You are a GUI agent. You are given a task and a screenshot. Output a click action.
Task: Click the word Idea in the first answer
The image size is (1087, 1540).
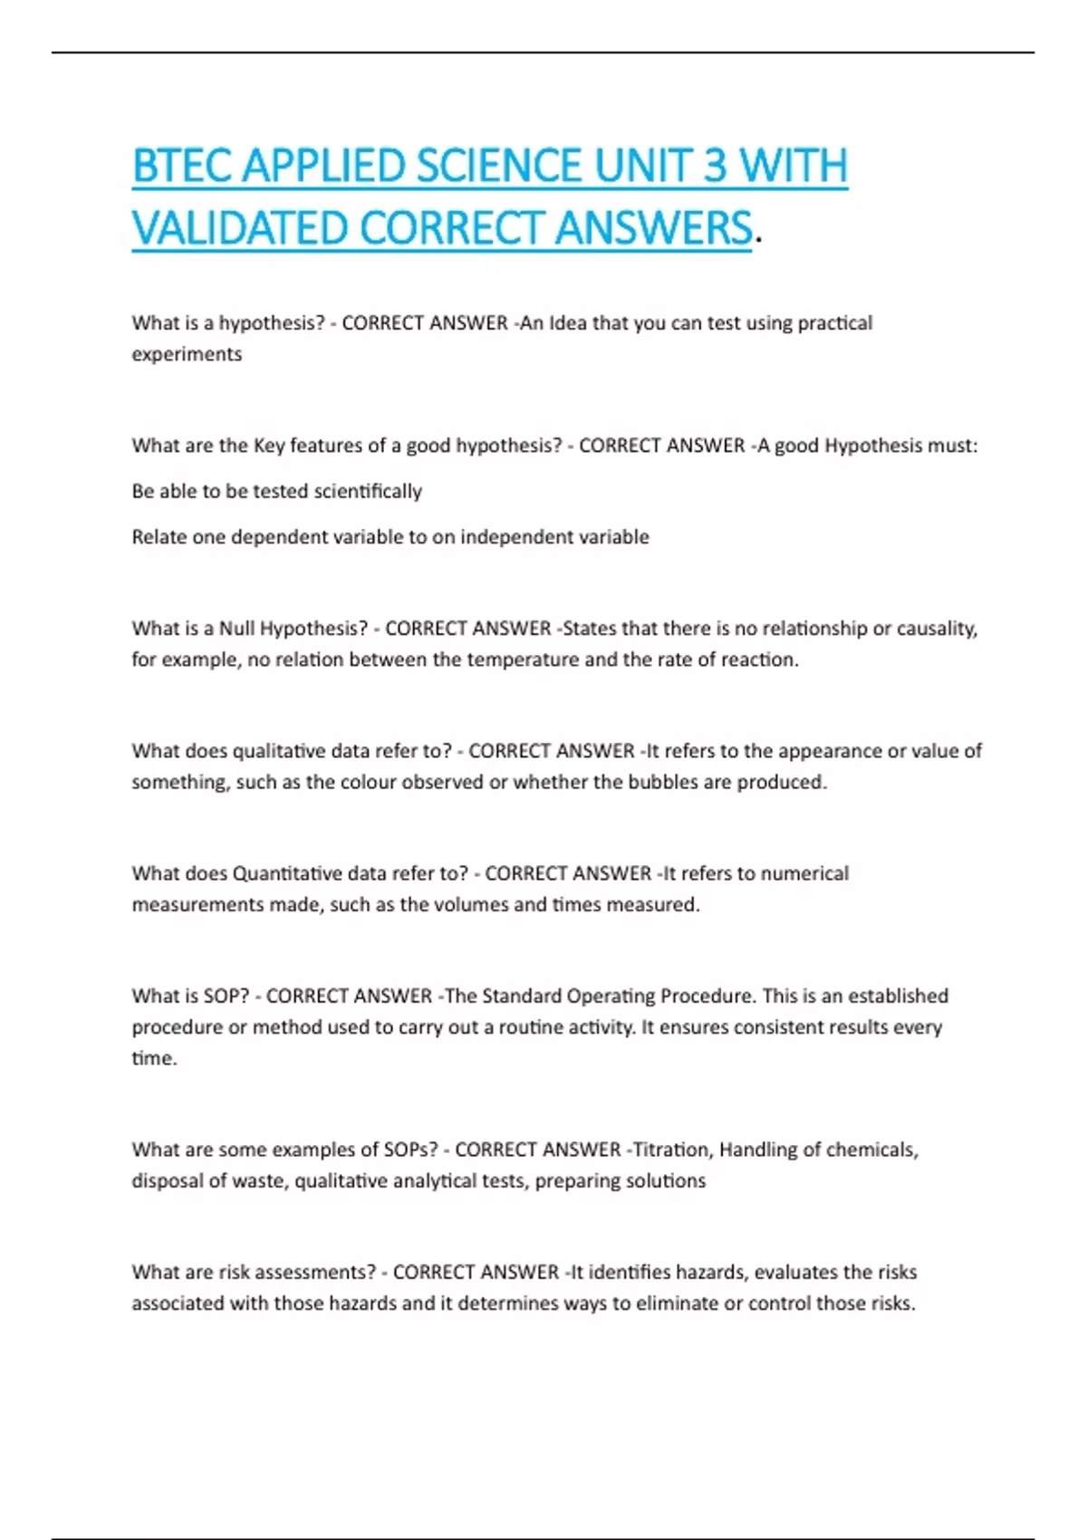click(x=567, y=323)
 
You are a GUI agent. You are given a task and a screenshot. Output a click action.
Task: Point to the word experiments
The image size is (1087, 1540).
click(x=187, y=354)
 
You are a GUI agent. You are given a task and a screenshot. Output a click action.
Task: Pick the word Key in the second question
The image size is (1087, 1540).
click(x=269, y=446)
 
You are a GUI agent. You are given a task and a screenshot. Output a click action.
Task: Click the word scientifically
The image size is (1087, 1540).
click(x=368, y=491)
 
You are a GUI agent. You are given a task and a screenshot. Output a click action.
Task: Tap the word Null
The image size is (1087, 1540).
click(x=237, y=629)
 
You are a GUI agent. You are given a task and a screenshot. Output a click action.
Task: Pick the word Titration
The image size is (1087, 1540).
click(x=671, y=1150)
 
